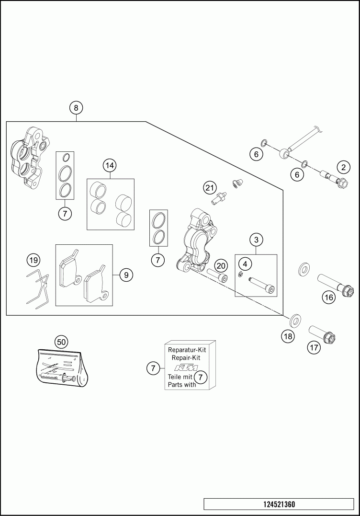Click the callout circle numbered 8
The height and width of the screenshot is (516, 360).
pos(76,107)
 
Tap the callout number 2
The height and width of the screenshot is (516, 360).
pos(343,167)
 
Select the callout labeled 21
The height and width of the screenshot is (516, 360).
pos(209,187)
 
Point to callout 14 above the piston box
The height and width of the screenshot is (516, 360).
pos(110,166)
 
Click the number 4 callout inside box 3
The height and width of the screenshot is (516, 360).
pos(245,264)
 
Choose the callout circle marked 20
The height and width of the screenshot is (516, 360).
pos(221,265)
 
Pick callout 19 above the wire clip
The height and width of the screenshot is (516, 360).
pos(33,261)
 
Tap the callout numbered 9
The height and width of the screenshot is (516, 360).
pos(126,275)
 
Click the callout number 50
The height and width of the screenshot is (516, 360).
pos(61,342)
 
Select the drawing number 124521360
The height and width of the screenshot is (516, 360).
pos(279,505)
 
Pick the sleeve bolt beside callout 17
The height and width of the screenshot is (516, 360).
pos(324,334)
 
